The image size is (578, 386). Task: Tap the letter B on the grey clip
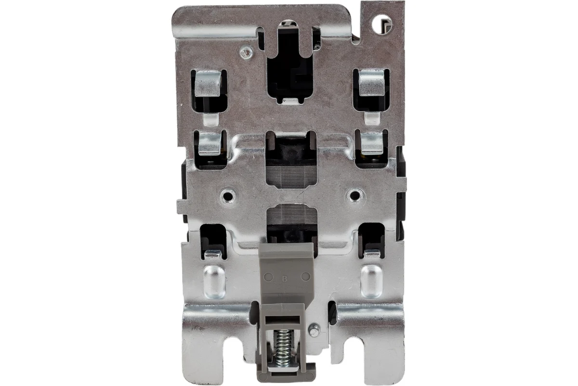click(285, 279)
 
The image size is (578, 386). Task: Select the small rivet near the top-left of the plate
click(246, 53)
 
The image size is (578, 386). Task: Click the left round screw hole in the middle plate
click(227, 196)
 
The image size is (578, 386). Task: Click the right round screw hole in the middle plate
click(355, 196)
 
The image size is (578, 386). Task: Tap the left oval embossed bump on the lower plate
click(214, 282)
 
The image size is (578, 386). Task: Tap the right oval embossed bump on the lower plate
click(372, 281)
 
